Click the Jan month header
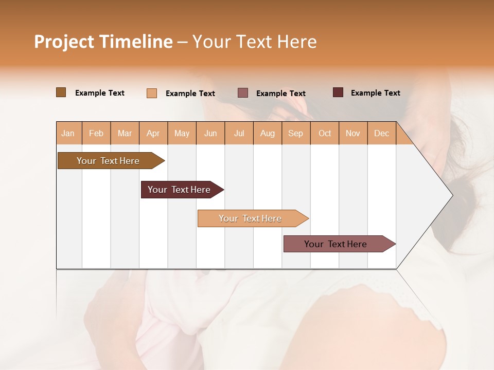pos(68,133)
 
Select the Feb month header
pos(96,133)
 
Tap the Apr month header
pos(153,133)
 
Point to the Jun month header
pos(210,133)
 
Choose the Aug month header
pos(267,133)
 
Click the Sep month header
pos(295,133)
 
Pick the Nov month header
pos(352,133)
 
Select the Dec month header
pos(381,133)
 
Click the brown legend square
pos(61,92)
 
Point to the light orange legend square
pos(152,93)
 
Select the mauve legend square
pos(243,93)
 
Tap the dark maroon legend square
pos(338,92)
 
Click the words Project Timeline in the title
pos(103,42)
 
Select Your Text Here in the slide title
pos(254,42)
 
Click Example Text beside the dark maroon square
pos(375,93)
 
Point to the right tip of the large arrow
pos(452,195)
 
